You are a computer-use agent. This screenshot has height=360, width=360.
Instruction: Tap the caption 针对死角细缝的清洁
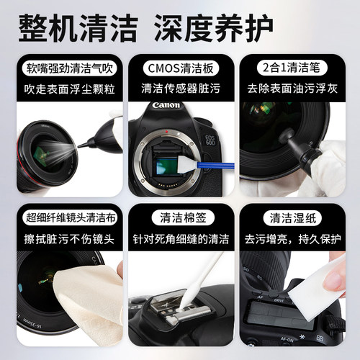pos(180,237)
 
